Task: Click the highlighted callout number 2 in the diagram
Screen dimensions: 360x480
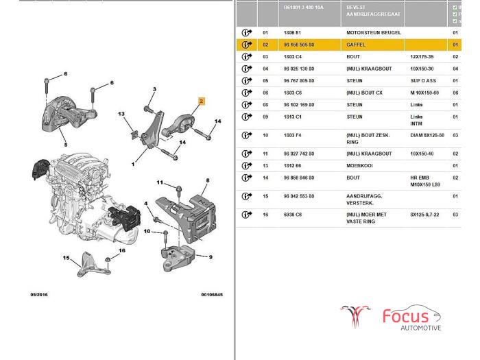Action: [202, 101]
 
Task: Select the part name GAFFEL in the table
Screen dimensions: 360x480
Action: [357, 45]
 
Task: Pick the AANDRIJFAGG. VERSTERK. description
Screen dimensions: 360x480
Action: [365, 200]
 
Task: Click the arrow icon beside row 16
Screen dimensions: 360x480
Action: [247, 215]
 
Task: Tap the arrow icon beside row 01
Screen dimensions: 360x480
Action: [247, 32]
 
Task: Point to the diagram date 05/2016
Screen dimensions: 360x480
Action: [39, 295]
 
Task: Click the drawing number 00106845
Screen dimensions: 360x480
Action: [212, 295]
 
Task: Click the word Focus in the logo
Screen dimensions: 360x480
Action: [405, 317]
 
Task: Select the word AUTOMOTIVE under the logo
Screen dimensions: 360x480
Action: [421, 328]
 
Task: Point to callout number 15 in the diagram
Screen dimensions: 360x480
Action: [67, 258]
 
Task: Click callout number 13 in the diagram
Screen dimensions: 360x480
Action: [121, 114]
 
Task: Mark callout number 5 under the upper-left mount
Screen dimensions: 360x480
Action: [65, 145]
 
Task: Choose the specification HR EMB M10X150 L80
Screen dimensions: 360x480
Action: [426, 180]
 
